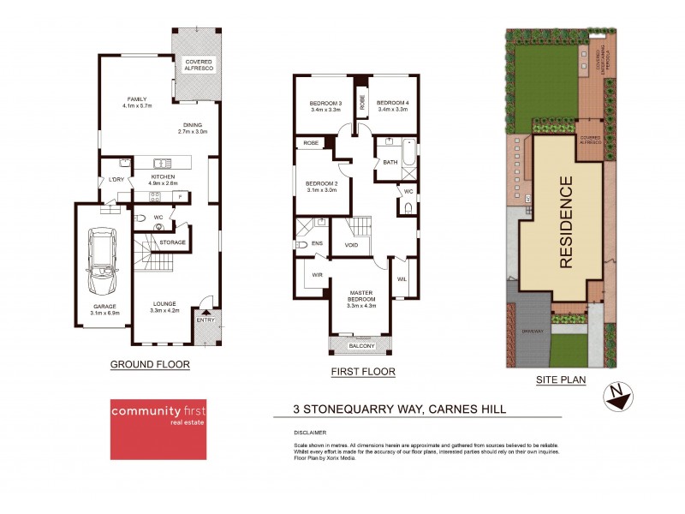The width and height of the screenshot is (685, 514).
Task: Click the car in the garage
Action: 101,260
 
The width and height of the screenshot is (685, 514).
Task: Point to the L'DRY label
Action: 112,179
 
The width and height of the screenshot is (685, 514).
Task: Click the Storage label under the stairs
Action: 172,242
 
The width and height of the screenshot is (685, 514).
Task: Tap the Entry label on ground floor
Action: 206,320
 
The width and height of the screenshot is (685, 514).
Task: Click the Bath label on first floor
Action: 390,162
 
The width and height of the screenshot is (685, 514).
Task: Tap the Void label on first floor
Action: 351,244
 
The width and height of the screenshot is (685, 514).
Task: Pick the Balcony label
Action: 360,346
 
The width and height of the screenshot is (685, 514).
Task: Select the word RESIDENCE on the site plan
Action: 566,223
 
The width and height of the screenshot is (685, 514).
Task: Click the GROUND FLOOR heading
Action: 150,364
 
